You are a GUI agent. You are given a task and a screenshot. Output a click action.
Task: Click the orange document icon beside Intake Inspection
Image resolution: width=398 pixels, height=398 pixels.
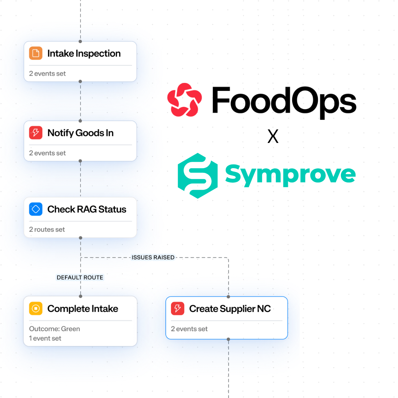(x=36, y=53)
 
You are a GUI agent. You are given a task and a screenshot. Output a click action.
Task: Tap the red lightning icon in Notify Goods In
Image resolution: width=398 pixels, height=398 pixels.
(x=36, y=133)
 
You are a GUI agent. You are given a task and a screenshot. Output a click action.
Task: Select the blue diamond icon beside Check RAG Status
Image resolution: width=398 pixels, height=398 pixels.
(x=36, y=209)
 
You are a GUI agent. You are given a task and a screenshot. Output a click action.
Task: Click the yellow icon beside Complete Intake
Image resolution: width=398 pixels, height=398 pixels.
(x=36, y=308)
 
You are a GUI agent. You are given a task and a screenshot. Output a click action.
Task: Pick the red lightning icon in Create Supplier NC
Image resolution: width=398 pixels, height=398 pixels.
(x=177, y=308)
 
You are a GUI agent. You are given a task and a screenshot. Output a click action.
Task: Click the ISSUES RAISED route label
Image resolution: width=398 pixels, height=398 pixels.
(x=153, y=257)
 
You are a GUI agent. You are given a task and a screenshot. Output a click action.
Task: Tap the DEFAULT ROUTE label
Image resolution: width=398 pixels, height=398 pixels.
(x=80, y=277)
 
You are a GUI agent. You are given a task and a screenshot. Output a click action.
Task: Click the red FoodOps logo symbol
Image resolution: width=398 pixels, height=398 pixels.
(x=184, y=100)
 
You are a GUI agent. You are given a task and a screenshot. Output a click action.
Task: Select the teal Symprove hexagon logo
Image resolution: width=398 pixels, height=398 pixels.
(x=198, y=176)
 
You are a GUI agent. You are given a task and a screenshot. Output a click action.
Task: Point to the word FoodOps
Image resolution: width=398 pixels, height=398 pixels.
(x=284, y=100)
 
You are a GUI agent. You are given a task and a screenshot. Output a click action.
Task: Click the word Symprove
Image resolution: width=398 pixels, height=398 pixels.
(x=290, y=174)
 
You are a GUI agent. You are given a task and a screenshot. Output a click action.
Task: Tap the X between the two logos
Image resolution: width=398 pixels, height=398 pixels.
(x=273, y=136)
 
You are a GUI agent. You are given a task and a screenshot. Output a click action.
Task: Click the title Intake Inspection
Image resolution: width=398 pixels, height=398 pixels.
(x=84, y=53)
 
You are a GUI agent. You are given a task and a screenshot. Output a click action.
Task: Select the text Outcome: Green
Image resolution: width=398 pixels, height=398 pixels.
(x=55, y=329)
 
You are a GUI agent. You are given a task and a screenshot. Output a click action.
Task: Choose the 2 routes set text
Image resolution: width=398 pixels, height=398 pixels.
(x=47, y=230)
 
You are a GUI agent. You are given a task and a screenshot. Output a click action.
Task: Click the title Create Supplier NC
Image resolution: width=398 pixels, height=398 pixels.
(x=230, y=309)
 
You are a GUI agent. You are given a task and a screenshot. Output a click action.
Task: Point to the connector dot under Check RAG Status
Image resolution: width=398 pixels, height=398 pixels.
(x=81, y=238)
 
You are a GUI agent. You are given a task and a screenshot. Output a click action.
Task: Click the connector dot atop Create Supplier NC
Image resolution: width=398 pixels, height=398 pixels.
(x=228, y=297)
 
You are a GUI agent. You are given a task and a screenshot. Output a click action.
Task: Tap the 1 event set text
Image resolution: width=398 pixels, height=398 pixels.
(x=45, y=338)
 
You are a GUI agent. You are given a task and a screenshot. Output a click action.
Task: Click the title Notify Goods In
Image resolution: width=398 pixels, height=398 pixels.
(x=81, y=133)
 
